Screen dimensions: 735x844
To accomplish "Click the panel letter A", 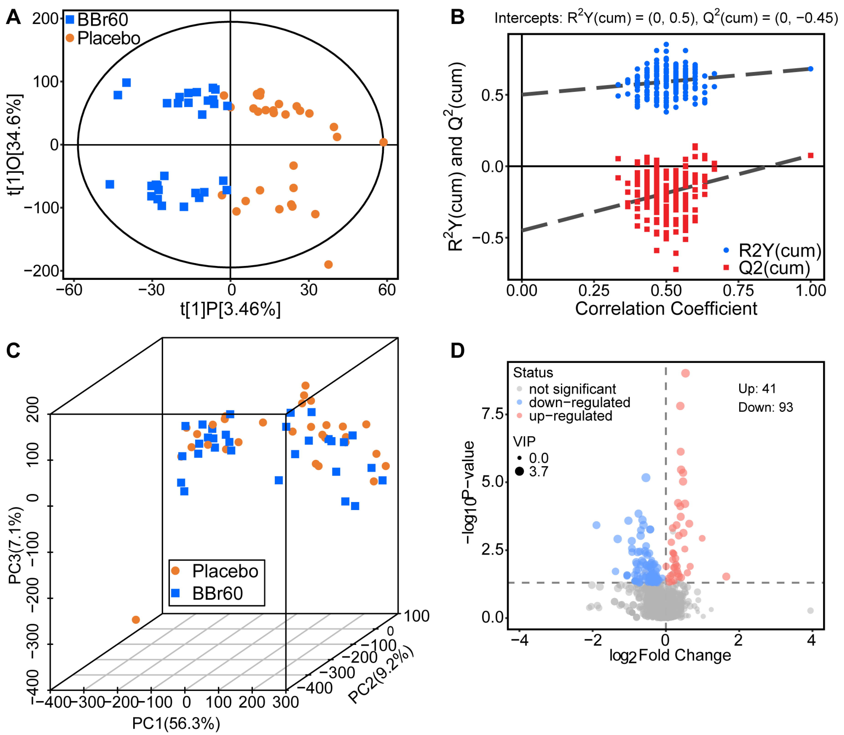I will pyautogui.click(x=13, y=18).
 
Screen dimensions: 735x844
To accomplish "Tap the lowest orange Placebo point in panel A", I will pyautogui.click(x=328, y=265).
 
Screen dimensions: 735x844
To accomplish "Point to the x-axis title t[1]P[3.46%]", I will pyautogui.click(x=231, y=309).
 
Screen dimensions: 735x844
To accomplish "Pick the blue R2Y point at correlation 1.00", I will pyautogui.click(x=810, y=69).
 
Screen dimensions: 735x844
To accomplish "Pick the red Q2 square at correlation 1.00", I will pyautogui.click(x=810, y=155).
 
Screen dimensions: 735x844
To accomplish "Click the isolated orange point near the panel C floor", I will pyautogui.click(x=136, y=620).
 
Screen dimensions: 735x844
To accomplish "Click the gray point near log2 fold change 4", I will pyautogui.click(x=810, y=610).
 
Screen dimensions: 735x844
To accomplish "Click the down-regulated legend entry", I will pyautogui.click(x=579, y=402).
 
